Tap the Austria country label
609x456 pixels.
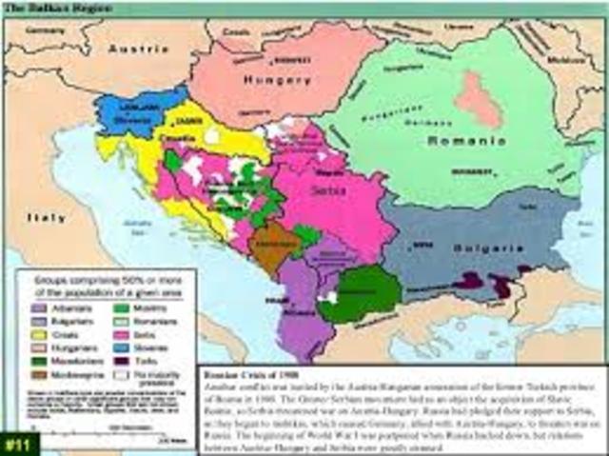click(139, 48)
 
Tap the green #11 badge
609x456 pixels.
click(16, 443)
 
